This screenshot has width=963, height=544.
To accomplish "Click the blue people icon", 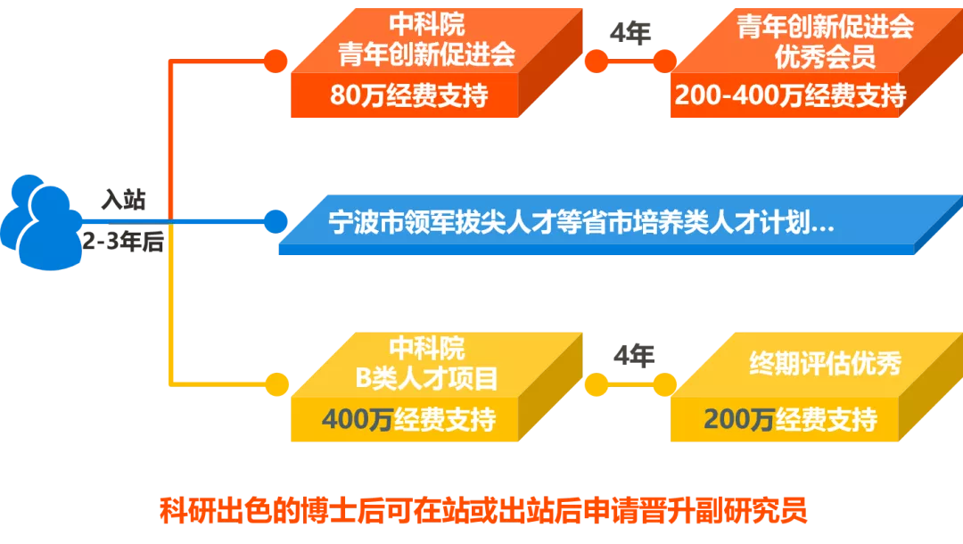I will click(40, 221).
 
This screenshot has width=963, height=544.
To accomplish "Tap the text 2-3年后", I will click(123, 242).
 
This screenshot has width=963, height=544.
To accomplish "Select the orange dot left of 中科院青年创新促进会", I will click(276, 61).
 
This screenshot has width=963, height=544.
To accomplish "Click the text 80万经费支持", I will click(408, 95).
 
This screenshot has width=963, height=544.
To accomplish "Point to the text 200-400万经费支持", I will click(790, 95).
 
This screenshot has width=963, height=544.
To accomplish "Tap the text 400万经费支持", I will click(408, 418).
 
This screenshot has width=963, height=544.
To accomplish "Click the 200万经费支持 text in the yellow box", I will click(790, 418).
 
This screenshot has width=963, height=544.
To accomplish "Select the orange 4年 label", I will click(630, 34).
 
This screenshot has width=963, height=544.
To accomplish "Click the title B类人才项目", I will click(427, 378).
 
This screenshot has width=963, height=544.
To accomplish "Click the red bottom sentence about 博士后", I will click(482, 511).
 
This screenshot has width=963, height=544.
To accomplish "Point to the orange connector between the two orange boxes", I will click(630, 61).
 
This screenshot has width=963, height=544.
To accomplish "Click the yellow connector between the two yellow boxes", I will click(630, 385).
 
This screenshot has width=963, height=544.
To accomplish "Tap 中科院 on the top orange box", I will click(427, 24).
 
